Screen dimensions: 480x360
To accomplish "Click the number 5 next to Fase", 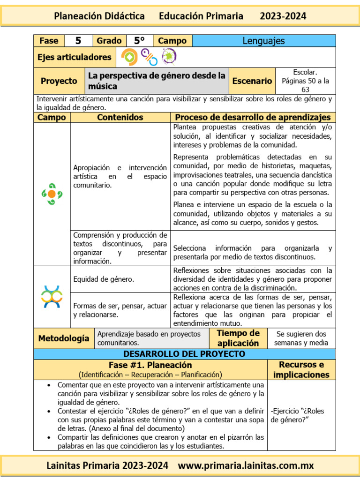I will [x=78, y=41].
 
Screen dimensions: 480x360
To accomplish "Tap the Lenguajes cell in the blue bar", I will [x=263, y=41].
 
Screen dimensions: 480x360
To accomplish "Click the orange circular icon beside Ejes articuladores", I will [x=129, y=57].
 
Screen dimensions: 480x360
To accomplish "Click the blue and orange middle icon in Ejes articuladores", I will [x=149, y=57].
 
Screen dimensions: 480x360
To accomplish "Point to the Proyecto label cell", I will [x=59, y=81].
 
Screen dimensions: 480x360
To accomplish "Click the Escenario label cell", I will [x=252, y=81].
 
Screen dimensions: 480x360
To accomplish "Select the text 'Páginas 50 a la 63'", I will [x=305, y=85].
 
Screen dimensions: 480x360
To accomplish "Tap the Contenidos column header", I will [x=120, y=117].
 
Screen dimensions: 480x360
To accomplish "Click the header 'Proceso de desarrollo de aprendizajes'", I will [x=253, y=117].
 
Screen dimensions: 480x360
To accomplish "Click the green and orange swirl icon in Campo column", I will [x=52, y=194].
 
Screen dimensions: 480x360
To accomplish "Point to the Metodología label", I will [x=64, y=338].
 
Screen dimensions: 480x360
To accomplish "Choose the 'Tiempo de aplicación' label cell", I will [x=238, y=338].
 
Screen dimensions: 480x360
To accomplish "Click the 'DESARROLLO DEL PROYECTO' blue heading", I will [x=184, y=354].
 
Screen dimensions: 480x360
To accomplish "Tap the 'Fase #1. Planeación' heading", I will [x=150, y=365].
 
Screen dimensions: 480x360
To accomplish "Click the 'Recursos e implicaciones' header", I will [x=301, y=369].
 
